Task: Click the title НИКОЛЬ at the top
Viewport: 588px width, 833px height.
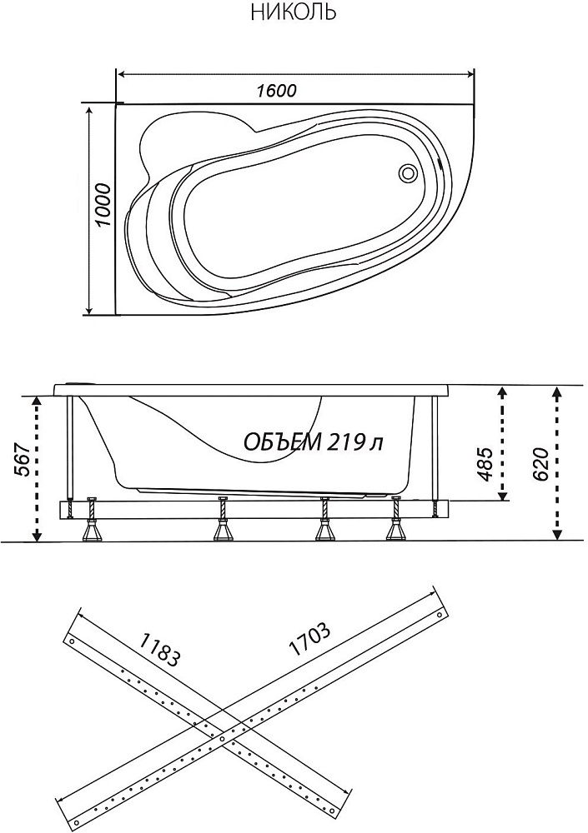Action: coord(294,11)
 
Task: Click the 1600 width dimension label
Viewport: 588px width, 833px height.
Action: coord(276,91)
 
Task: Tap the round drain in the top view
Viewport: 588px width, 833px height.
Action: coord(409,172)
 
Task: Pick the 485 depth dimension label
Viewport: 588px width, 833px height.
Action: coord(485,464)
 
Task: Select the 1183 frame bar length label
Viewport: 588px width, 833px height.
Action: coord(159,650)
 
